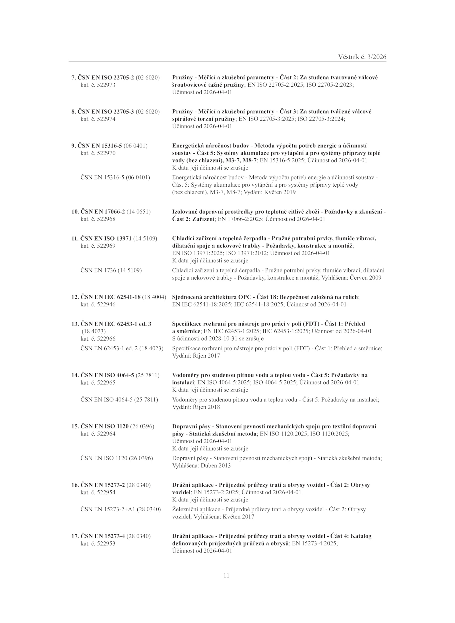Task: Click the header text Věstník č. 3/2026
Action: tap(362, 57)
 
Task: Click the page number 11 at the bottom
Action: tap(226, 575)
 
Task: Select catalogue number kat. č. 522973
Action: tap(98, 85)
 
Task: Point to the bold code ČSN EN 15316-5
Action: tap(100, 146)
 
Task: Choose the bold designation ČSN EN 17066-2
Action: tap(103, 212)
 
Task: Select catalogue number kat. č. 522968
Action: tap(98, 219)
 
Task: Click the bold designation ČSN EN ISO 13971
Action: tap(106, 238)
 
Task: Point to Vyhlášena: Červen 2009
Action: tap(351, 278)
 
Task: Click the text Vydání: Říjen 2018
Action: tap(196, 407)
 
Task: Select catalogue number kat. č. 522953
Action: tap(98, 543)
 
